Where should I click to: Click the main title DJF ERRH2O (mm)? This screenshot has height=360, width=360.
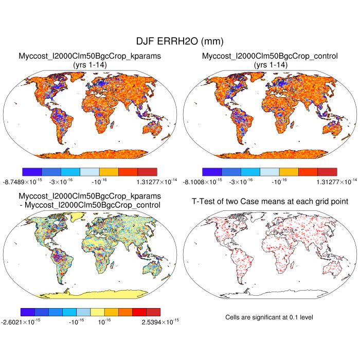(179, 41)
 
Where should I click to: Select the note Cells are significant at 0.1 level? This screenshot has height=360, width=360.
(269, 317)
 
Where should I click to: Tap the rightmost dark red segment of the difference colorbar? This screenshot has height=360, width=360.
(153, 312)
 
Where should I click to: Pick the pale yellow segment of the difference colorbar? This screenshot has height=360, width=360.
(97, 312)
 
